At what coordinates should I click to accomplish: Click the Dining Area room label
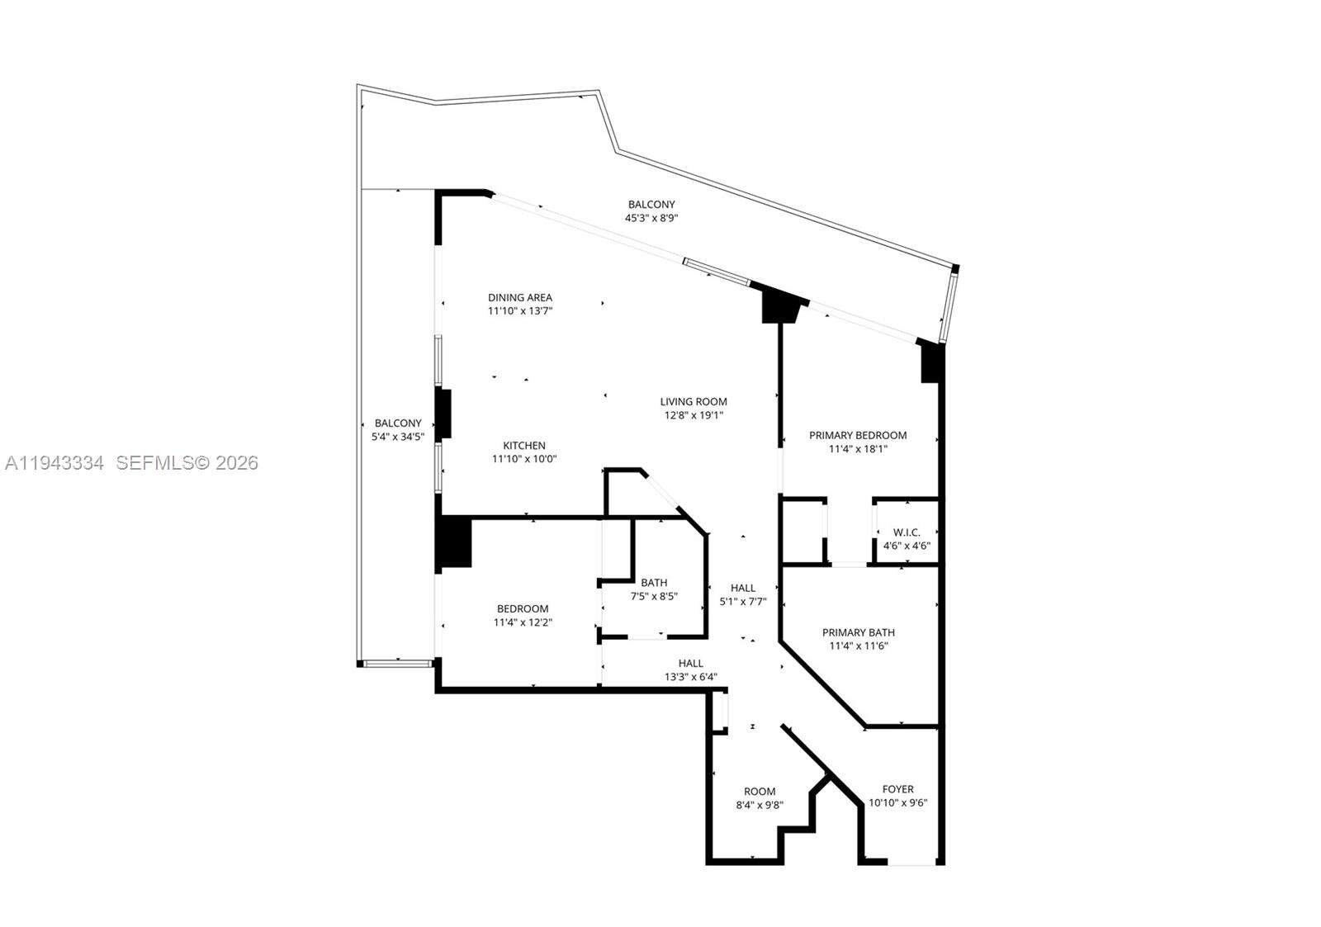pyautogui.click(x=519, y=297)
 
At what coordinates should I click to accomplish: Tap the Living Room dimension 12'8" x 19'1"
pyautogui.click(x=693, y=415)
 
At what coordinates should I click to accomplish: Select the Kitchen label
pyautogui.click(x=524, y=446)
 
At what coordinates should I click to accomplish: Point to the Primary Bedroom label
pyautogui.click(x=858, y=435)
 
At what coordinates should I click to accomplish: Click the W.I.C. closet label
pyautogui.click(x=907, y=532)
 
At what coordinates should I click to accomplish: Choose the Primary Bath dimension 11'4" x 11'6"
pyautogui.click(x=858, y=646)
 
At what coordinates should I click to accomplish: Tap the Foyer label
pyautogui.click(x=897, y=789)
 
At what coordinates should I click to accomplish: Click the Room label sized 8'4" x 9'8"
pyautogui.click(x=760, y=791)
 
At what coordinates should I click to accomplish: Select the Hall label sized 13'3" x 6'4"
pyautogui.click(x=691, y=663)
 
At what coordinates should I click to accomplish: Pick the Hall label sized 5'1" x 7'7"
pyautogui.click(x=743, y=588)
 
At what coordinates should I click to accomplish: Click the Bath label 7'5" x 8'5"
pyautogui.click(x=654, y=582)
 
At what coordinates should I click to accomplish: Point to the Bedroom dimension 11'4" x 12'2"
pyautogui.click(x=522, y=622)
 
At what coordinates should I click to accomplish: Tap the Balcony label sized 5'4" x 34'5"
pyautogui.click(x=398, y=423)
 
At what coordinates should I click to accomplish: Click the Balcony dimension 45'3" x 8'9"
pyautogui.click(x=651, y=218)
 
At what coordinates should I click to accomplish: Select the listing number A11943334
pyautogui.click(x=54, y=463)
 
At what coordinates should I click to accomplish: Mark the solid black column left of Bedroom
pyautogui.click(x=453, y=542)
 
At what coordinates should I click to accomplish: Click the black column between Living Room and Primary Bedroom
pyautogui.click(x=779, y=305)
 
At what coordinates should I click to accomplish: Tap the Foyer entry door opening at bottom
pyautogui.click(x=911, y=863)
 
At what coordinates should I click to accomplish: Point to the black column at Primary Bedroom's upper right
pyautogui.click(x=931, y=362)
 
